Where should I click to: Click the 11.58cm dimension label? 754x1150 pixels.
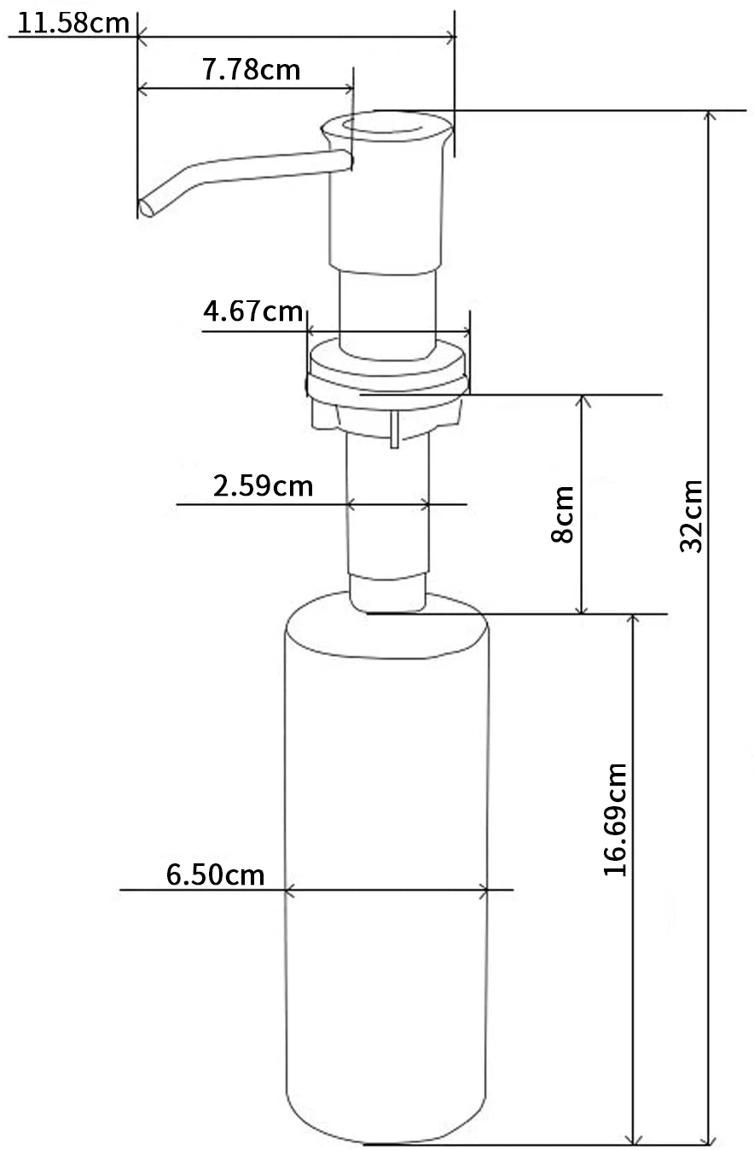coord(73,22)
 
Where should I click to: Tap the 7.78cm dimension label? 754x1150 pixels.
coord(252,68)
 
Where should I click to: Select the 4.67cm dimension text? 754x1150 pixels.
coord(253,311)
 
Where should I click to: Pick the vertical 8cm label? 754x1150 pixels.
coord(562,514)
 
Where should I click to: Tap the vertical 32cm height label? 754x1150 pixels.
coord(692,515)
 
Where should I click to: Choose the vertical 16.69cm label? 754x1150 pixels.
coord(615,819)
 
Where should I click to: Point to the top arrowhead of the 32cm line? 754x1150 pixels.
coord(707,117)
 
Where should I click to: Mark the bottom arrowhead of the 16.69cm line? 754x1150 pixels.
coord(633,1138)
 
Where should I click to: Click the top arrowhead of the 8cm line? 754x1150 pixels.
coord(582,401)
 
